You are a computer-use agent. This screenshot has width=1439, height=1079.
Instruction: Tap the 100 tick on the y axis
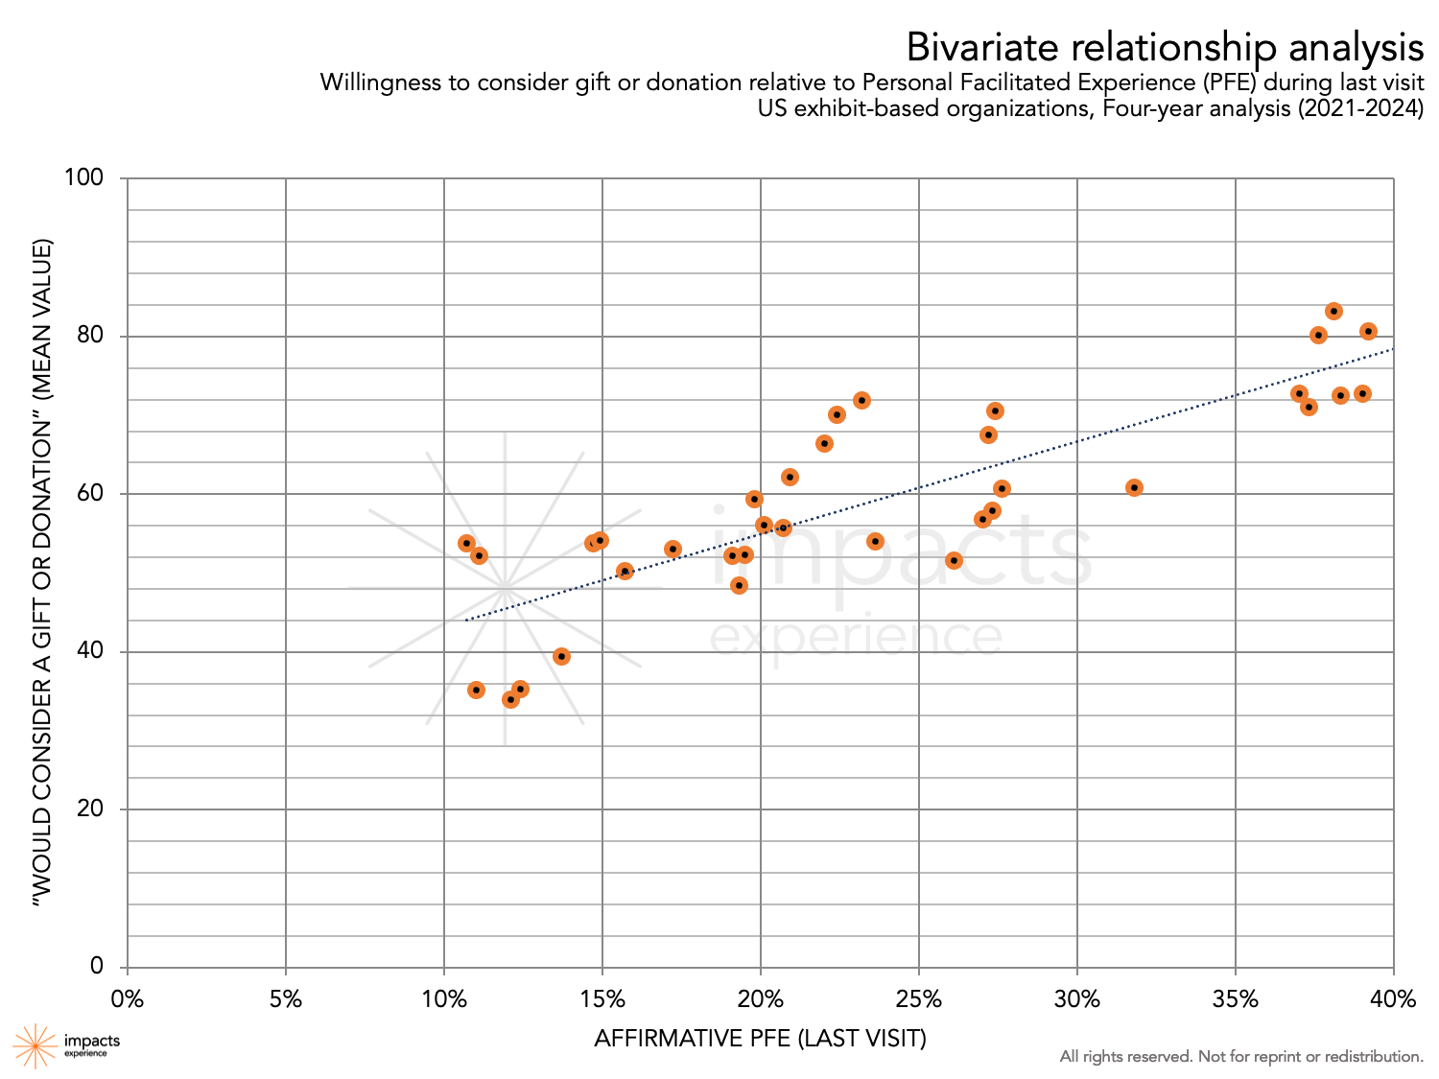pos(83,178)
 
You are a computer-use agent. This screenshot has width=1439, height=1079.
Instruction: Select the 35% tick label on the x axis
pos(1235,999)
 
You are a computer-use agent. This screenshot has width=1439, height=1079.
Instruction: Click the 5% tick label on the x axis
pos(286,999)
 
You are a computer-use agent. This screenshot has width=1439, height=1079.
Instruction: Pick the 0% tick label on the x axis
pos(128,999)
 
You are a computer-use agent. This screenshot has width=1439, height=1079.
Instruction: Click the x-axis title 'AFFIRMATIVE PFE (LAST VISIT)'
pos(760,1039)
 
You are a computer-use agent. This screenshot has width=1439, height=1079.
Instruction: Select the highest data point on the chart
pos(1333,311)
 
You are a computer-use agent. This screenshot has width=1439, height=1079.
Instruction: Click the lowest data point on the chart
pos(510,699)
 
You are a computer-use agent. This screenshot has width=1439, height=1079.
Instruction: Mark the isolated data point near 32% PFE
pos(1134,487)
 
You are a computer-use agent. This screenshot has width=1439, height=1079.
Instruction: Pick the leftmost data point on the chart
pos(466,543)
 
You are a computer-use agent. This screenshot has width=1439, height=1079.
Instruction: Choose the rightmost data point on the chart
pos(1368,331)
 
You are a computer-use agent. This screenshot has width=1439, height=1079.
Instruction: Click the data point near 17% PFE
pos(672,549)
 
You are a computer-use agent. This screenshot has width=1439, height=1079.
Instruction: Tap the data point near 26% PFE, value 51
pos(954,560)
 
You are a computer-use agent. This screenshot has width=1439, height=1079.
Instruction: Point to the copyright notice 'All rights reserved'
pos(1241,1056)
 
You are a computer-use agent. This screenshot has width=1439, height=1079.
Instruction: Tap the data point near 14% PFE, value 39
pos(561,656)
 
